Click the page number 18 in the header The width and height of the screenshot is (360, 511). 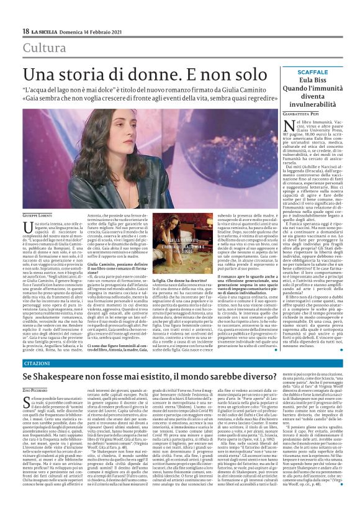click(x=25, y=31)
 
